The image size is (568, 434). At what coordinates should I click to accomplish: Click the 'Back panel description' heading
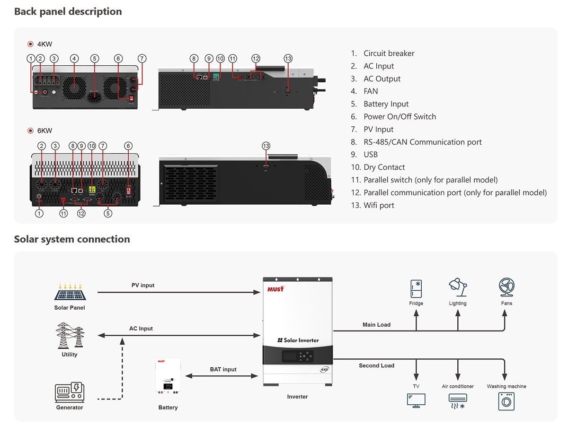click(x=68, y=11)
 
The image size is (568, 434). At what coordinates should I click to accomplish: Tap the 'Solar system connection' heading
click(x=72, y=239)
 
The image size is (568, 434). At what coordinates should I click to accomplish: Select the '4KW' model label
click(x=44, y=44)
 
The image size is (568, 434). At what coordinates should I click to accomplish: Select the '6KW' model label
click(x=44, y=130)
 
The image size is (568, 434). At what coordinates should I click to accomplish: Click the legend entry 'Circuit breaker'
click(x=389, y=53)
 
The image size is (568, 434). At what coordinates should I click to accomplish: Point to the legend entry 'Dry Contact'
click(x=384, y=167)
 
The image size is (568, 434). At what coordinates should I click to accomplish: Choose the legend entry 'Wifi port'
click(x=379, y=205)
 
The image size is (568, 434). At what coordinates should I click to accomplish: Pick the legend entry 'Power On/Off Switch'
click(x=399, y=117)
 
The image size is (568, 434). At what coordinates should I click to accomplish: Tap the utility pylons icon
click(x=69, y=335)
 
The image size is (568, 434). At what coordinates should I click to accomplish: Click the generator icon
click(x=69, y=392)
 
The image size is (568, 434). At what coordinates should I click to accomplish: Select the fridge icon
click(x=416, y=288)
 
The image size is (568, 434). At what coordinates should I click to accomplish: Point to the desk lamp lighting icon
click(x=457, y=287)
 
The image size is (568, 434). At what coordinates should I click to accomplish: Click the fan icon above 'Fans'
click(x=506, y=287)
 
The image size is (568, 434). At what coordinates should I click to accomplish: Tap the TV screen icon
click(x=416, y=400)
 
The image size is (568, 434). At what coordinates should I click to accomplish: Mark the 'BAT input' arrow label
click(x=223, y=369)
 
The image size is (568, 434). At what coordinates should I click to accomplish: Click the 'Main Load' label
click(x=376, y=325)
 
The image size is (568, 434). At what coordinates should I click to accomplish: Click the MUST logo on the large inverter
click(x=275, y=288)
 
